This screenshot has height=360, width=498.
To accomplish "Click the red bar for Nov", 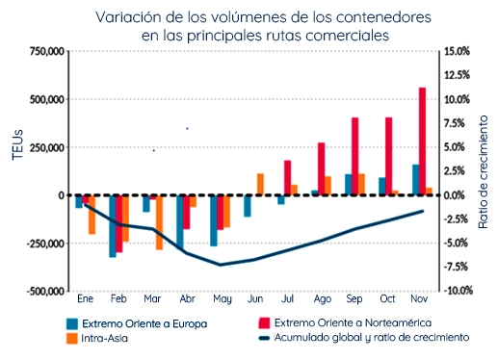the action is point(422,141).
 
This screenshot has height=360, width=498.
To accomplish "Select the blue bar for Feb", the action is point(113,226).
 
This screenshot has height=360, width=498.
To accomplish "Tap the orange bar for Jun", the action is point(260,184).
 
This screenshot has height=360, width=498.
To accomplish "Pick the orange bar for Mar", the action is point(159,222).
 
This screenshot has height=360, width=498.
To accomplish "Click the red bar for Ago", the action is point(321,168).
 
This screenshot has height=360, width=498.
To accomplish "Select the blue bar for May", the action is point(214,220).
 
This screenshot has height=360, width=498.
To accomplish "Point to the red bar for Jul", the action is point(287,178).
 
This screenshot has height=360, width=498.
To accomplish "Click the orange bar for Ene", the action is point(92,215).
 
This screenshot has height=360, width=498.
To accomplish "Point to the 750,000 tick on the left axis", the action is point(47,51).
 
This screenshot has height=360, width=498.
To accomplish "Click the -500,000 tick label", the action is point(45,292).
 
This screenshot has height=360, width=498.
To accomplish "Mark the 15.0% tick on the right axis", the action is point(457,51).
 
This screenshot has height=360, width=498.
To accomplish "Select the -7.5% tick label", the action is point(456,267).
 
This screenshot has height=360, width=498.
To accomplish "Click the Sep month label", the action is point(354,299).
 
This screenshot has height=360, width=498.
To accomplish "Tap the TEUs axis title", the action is point(18,144).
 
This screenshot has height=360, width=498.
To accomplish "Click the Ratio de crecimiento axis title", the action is point(483,172).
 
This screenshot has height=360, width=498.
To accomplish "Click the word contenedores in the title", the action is point(383,17).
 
